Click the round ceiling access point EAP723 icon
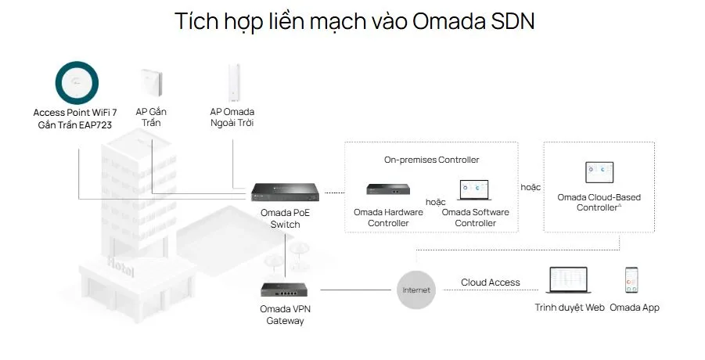click(76, 81)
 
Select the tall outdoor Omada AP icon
click(232, 82)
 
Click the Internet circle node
click(416, 290)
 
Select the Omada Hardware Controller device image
click(389, 189)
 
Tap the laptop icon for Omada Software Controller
click(475, 190)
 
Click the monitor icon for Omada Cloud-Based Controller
click(599, 173)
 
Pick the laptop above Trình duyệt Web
click(570, 280)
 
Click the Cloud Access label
click(490, 283)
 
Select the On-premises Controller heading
click(431, 160)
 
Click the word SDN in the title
click(509, 21)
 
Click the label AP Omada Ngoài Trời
click(232, 117)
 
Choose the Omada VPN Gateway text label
click(286, 315)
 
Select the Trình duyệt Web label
click(570, 308)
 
